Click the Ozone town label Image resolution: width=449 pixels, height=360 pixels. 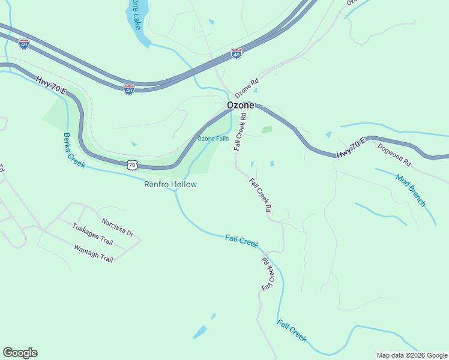(x=240, y=105)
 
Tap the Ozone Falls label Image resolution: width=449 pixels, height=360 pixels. (x=213, y=139)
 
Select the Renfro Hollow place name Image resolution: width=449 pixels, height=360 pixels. (x=170, y=184)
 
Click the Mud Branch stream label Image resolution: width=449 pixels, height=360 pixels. (x=411, y=190)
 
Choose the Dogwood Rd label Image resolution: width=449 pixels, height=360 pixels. (x=394, y=154)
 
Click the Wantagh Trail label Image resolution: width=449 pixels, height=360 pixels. (x=93, y=253)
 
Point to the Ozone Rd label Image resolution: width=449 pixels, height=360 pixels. (x=246, y=88)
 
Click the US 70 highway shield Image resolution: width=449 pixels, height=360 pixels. (x=133, y=164)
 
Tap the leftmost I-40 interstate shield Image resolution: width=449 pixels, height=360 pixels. (x=23, y=44)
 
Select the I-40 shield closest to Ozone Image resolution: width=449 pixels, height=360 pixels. (x=237, y=53)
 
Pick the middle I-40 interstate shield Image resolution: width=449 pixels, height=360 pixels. (x=129, y=89)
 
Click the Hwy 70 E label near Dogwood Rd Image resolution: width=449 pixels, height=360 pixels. (x=351, y=148)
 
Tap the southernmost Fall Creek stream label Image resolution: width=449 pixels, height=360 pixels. (x=292, y=331)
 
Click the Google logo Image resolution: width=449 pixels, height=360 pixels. (x=20, y=353)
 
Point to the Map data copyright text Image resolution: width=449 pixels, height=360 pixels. (x=411, y=355)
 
